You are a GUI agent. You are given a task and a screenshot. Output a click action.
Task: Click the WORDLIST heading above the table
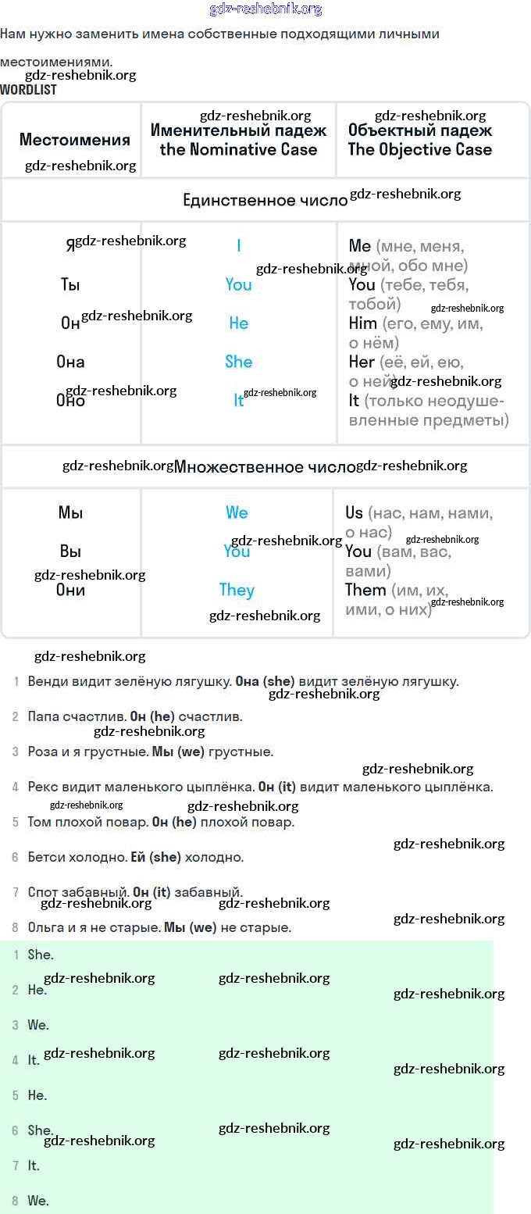click(x=28, y=90)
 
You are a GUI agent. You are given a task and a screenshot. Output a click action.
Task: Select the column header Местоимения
click(x=74, y=140)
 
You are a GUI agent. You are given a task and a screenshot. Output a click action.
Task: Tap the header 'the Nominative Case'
click(x=238, y=149)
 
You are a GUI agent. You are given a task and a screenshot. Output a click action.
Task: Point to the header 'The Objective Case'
click(x=419, y=149)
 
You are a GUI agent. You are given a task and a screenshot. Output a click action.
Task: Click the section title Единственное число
click(x=265, y=201)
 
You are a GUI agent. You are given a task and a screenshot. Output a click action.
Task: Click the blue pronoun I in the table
click(x=238, y=246)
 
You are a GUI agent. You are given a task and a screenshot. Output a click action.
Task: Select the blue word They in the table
click(x=237, y=590)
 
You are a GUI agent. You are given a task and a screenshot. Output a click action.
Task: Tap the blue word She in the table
click(x=238, y=362)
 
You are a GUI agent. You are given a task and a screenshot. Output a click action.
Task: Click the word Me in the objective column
click(x=359, y=246)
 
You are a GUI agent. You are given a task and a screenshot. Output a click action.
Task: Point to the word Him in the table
click(x=362, y=323)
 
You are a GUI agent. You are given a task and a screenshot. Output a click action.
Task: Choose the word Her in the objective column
click(x=362, y=362)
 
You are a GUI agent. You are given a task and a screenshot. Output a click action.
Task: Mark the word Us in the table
click(x=354, y=512)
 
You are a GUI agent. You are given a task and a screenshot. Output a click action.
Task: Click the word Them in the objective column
click(x=365, y=590)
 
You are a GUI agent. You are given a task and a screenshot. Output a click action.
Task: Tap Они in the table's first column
click(x=70, y=590)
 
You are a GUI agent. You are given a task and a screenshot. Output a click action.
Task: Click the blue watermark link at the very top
click(x=265, y=9)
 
